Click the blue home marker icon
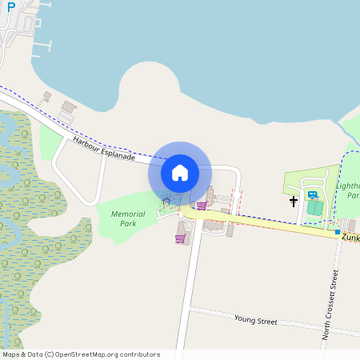pos(180,172)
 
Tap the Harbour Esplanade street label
pos(103,148)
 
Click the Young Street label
pos(255,320)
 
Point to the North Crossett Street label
pos(330,304)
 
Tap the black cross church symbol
pos(294,202)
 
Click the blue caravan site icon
pos(312,194)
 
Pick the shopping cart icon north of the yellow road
pos(201,206)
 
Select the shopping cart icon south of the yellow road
pos(181,238)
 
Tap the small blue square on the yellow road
pos(338,232)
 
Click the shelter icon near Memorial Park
pos(166,201)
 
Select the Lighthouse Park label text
pos(347,190)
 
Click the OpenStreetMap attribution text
pos(81,354)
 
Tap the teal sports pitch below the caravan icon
pos(314,207)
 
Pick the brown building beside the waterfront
pos(69,107)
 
